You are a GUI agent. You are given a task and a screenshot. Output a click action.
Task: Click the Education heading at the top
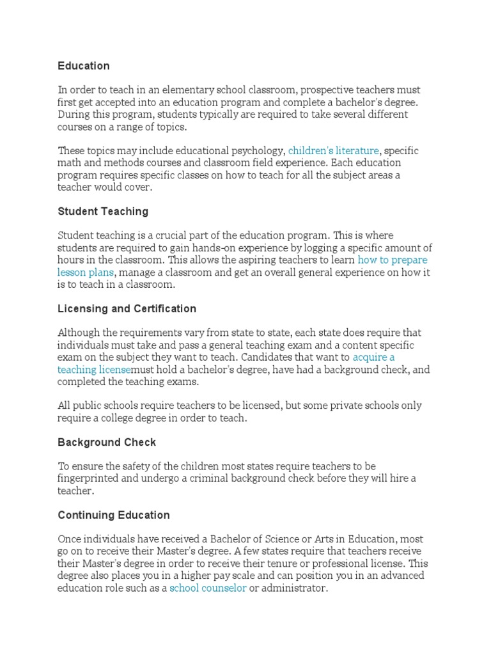click(x=84, y=66)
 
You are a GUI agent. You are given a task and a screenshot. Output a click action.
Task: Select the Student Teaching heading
click(x=103, y=211)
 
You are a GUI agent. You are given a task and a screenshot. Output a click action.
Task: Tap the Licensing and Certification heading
click(x=127, y=308)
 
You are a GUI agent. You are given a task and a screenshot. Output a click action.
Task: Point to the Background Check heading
click(x=107, y=442)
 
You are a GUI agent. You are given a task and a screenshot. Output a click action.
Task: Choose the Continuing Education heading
click(x=114, y=515)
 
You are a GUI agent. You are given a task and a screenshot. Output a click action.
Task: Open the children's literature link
click(x=333, y=151)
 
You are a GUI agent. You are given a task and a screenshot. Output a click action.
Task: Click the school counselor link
click(x=208, y=588)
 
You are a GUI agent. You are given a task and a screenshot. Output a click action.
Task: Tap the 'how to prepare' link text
click(x=393, y=260)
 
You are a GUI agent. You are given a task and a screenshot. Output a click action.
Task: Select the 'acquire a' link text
click(x=373, y=358)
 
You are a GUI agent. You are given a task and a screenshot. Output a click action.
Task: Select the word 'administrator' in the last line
click(x=294, y=588)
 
